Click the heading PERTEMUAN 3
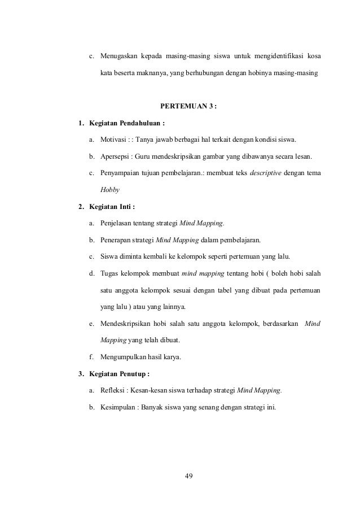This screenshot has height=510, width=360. (188, 106)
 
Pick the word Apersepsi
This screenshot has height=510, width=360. (115, 156)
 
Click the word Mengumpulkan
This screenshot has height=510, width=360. (124, 357)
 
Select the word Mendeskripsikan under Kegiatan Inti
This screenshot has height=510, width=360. (128, 324)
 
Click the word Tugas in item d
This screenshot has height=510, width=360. (109, 273)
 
